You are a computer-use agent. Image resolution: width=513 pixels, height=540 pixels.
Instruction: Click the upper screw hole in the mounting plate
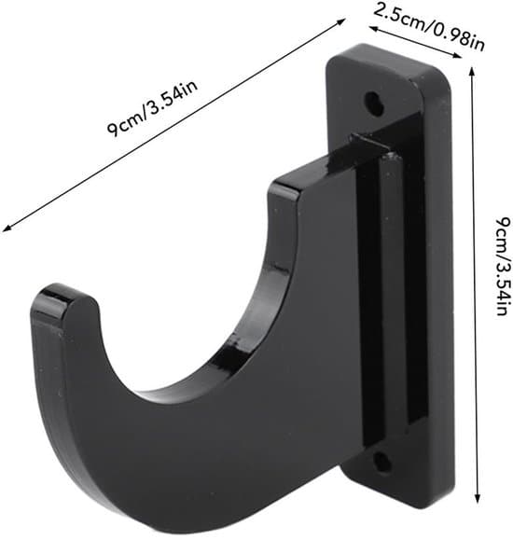374,103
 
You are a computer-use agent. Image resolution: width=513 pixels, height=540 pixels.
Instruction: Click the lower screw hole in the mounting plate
382,462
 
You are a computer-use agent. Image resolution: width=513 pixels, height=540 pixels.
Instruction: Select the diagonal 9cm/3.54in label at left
152,108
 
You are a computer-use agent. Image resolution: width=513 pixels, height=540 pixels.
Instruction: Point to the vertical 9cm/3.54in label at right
501,266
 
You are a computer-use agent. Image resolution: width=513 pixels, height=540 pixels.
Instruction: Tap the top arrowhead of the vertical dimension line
472,70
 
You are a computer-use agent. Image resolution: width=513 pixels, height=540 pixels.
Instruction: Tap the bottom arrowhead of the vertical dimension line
478,500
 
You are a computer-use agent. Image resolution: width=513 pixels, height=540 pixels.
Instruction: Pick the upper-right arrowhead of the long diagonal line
341,21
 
